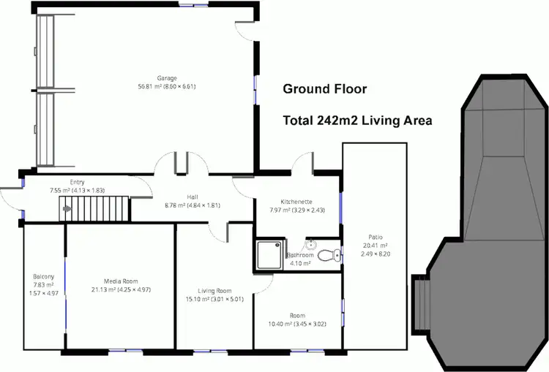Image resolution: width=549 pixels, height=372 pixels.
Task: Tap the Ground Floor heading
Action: tap(324, 90)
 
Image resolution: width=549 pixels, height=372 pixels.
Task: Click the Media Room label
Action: tap(120, 281)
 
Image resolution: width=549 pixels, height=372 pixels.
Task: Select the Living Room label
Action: tap(214, 290)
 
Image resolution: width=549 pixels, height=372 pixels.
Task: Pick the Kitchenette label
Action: tap(297, 201)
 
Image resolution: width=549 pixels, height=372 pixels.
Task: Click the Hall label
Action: tap(193, 197)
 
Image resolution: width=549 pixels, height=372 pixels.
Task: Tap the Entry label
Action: tap(78, 182)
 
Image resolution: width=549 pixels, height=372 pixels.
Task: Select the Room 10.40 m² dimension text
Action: tap(297, 324)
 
